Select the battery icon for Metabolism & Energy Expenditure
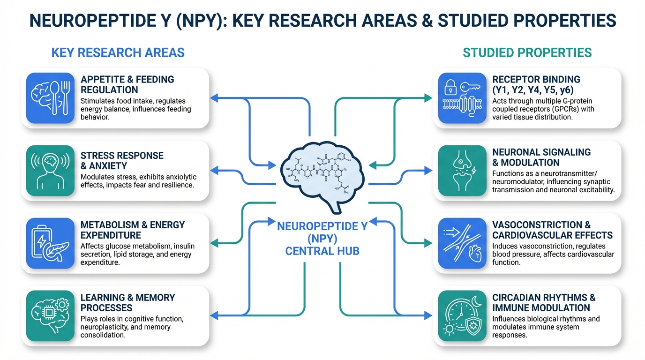click(x=51, y=242)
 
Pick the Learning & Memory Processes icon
click(x=51, y=315)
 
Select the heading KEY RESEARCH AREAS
click(x=118, y=52)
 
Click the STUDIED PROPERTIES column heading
click(x=527, y=52)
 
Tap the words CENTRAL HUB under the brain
click(x=322, y=251)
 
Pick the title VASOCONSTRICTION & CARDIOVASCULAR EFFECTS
click(x=552, y=230)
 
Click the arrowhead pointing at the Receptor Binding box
click(x=428, y=97)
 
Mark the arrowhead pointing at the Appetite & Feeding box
click(x=214, y=97)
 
